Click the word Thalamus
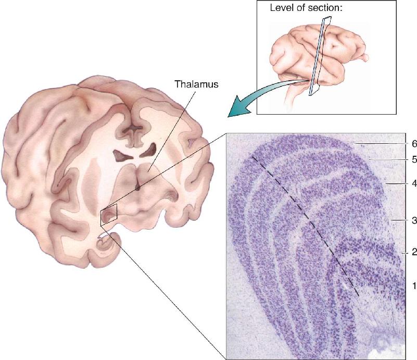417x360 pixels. pyautogui.click(x=196, y=84)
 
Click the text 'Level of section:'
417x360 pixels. pyautogui.click(x=306, y=8)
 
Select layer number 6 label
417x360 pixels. pyautogui.click(x=414, y=144)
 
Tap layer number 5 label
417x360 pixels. pyautogui.click(x=414, y=159)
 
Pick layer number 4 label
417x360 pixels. pyautogui.click(x=414, y=183)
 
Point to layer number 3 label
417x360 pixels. pyautogui.click(x=414, y=220)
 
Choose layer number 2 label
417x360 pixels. pyautogui.click(x=414, y=252)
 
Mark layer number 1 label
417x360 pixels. pyautogui.click(x=414, y=286)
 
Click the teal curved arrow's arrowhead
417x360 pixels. pyautogui.click(x=237, y=108)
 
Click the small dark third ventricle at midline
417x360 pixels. pyautogui.click(x=137, y=187)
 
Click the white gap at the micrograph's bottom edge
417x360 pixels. pyautogui.click(x=387, y=352)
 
